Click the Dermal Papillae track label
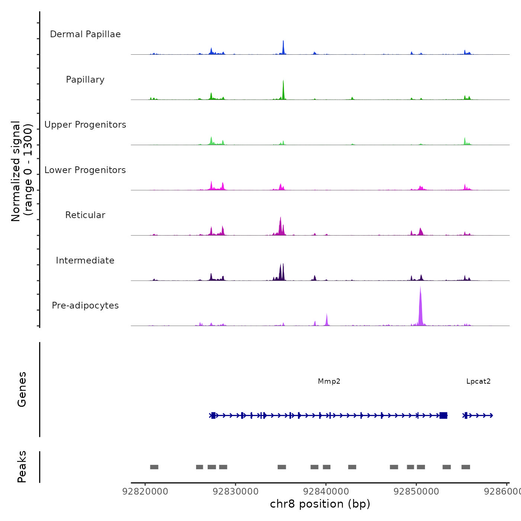point(85,34)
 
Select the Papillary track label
point(85,80)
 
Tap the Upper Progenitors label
point(85,125)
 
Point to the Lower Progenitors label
point(85,170)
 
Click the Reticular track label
point(85,215)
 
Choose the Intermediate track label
point(85,260)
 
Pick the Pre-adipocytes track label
point(85,306)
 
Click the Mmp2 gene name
point(329,381)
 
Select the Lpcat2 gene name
point(478,381)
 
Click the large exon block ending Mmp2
point(443,415)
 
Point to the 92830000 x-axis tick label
point(236,492)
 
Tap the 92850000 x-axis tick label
point(416,492)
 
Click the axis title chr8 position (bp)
point(320,504)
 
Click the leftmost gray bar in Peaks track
point(154,467)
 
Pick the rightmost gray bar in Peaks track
point(466,467)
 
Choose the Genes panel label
point(22,389)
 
